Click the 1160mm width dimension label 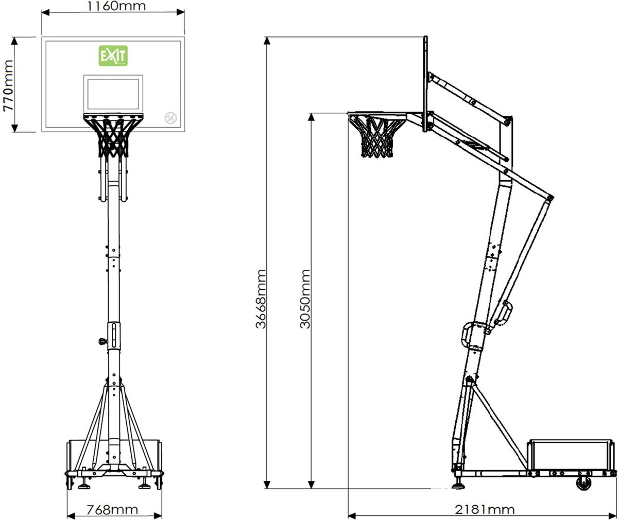[116, 6]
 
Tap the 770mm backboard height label [8, 85]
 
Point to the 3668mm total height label [261, 299]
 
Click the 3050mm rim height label [305, 299]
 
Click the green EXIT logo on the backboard [113, 56]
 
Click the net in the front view [113, 136]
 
